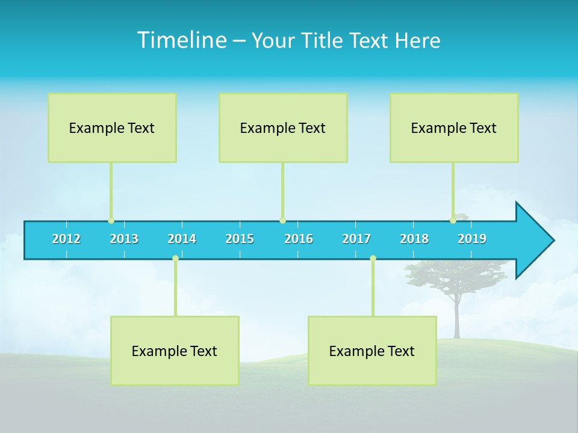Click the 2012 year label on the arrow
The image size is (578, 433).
click(x=66, y=239)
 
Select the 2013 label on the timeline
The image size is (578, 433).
click(x=124, y=239)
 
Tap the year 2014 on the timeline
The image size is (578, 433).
click(x=182, y=239)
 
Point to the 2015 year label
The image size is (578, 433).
click(x=240, y=239)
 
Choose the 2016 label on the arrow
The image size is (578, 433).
click(x=299, y=239)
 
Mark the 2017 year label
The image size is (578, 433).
click(x=356, y=239)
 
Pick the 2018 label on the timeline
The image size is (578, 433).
click(x=414, y=239)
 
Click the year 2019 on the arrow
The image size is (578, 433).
click(x=472, y=239)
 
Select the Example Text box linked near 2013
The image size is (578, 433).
click(x=112, y=127)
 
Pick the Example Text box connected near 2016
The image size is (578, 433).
click(x=283, y=127)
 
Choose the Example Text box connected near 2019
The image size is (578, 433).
click(x=454, y=127)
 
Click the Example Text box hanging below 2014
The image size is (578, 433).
click(x=175, y=351)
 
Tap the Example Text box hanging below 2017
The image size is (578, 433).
click(x=372, y=351)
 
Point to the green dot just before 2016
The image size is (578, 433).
click(x=282, y=221)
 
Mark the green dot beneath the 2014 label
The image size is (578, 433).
click(x=175, y=258)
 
